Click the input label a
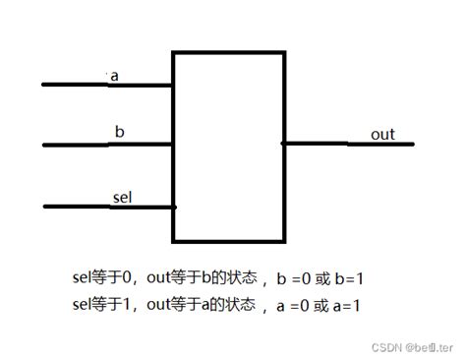(115, 76)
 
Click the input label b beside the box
(119, 131)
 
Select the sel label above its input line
(122, 198)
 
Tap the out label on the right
(382, 134)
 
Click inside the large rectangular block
(227, 146)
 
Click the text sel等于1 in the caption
(105, 305)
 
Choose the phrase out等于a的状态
(201, 305)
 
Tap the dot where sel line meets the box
(174, 207)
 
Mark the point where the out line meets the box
(282, 144)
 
